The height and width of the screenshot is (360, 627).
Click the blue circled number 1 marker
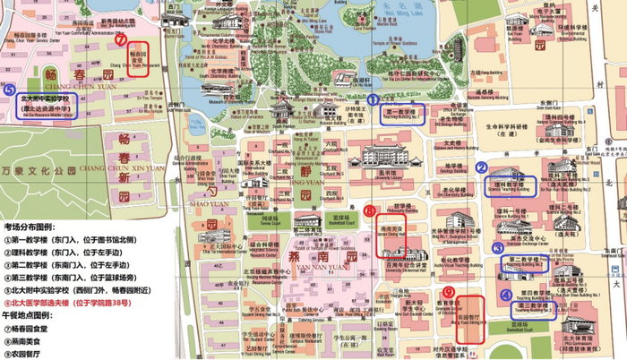374,101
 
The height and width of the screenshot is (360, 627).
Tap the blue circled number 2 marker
481,167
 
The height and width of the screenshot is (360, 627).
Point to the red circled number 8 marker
369,211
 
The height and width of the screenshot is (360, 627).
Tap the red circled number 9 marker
448,293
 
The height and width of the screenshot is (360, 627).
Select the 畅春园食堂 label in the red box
138,56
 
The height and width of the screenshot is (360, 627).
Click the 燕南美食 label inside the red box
391,230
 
